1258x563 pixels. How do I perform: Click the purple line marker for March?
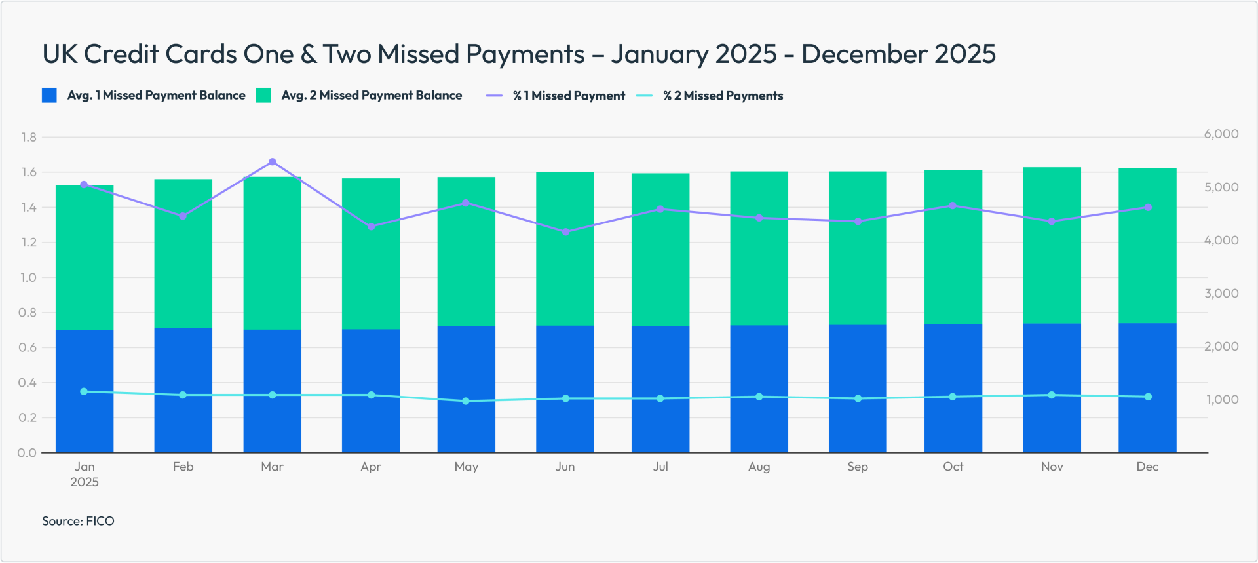(273, 162)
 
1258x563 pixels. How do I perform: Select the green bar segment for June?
(565, 249)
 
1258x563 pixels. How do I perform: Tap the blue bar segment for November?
(1052, 387)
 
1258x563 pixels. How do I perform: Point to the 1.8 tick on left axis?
(29, 137)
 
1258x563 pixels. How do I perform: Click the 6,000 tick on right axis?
(1221, 134)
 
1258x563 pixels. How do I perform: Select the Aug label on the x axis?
(759, 467)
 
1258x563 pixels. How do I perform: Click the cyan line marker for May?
(466, 401)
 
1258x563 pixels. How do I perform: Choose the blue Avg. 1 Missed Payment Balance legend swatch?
(49, 96)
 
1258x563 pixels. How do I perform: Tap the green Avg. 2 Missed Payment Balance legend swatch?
(263, 96)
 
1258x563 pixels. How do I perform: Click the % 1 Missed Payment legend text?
(569, 96)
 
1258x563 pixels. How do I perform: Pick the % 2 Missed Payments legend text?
(723, 96)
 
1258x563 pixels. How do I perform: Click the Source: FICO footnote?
(78, 521)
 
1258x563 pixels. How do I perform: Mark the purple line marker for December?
(1148, 207)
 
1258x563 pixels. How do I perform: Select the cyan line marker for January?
(84, 391)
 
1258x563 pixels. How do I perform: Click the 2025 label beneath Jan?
(85, 482)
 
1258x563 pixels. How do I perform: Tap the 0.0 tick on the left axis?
(28, 453)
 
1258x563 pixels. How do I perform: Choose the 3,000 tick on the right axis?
(1221, 294)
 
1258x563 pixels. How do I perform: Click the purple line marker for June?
(565, 232)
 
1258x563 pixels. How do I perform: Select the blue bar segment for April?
(371, 391)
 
